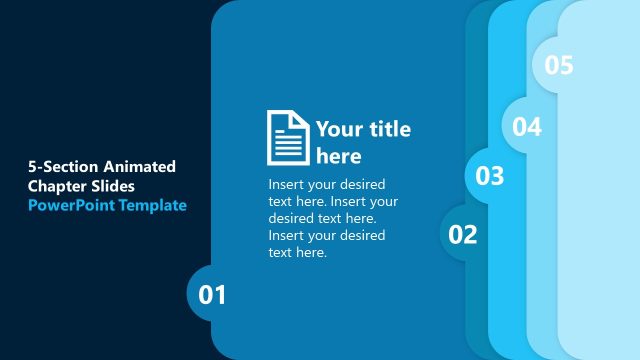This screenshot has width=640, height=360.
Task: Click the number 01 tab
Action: coord(213,295)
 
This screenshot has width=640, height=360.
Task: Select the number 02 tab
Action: coord(463,235)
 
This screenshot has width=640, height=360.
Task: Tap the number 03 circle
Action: coord(490,177)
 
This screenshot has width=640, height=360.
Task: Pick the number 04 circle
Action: coord(527,127)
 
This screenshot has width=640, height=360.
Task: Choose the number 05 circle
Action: coord(559,66)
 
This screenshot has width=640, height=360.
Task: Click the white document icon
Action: coord(288,137)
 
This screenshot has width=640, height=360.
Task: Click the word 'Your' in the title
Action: coord(339,129)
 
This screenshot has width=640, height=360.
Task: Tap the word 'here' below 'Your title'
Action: coord(338,157)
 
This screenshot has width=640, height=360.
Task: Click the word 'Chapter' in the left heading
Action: coord(56,186)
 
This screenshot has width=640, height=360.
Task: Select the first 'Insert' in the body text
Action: coord(288,185)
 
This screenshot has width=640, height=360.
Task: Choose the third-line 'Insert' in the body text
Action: coord(288,236)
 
